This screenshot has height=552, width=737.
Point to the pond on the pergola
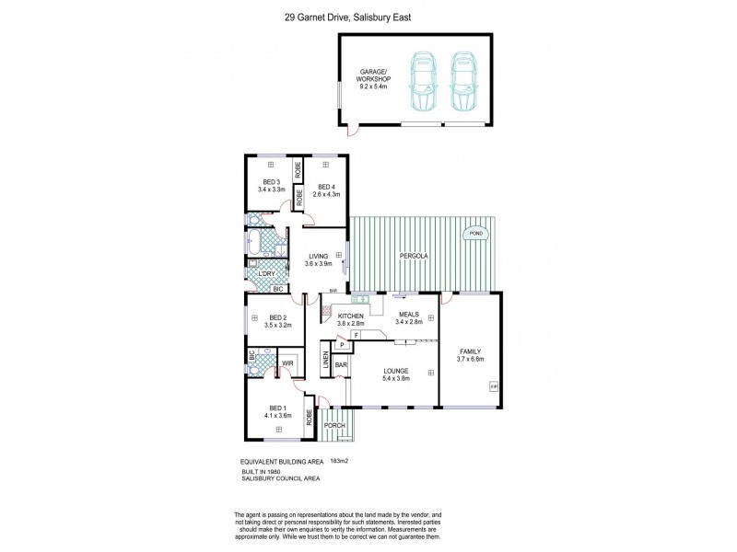tap(476, 234)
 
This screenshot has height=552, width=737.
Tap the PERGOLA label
tap(411, 256)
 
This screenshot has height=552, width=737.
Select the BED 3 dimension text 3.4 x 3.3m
tap(271, 194)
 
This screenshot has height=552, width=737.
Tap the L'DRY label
tap(267, 272)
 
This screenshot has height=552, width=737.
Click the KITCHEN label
tap(350, 316)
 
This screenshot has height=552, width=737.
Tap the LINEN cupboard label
tap(327, 362)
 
